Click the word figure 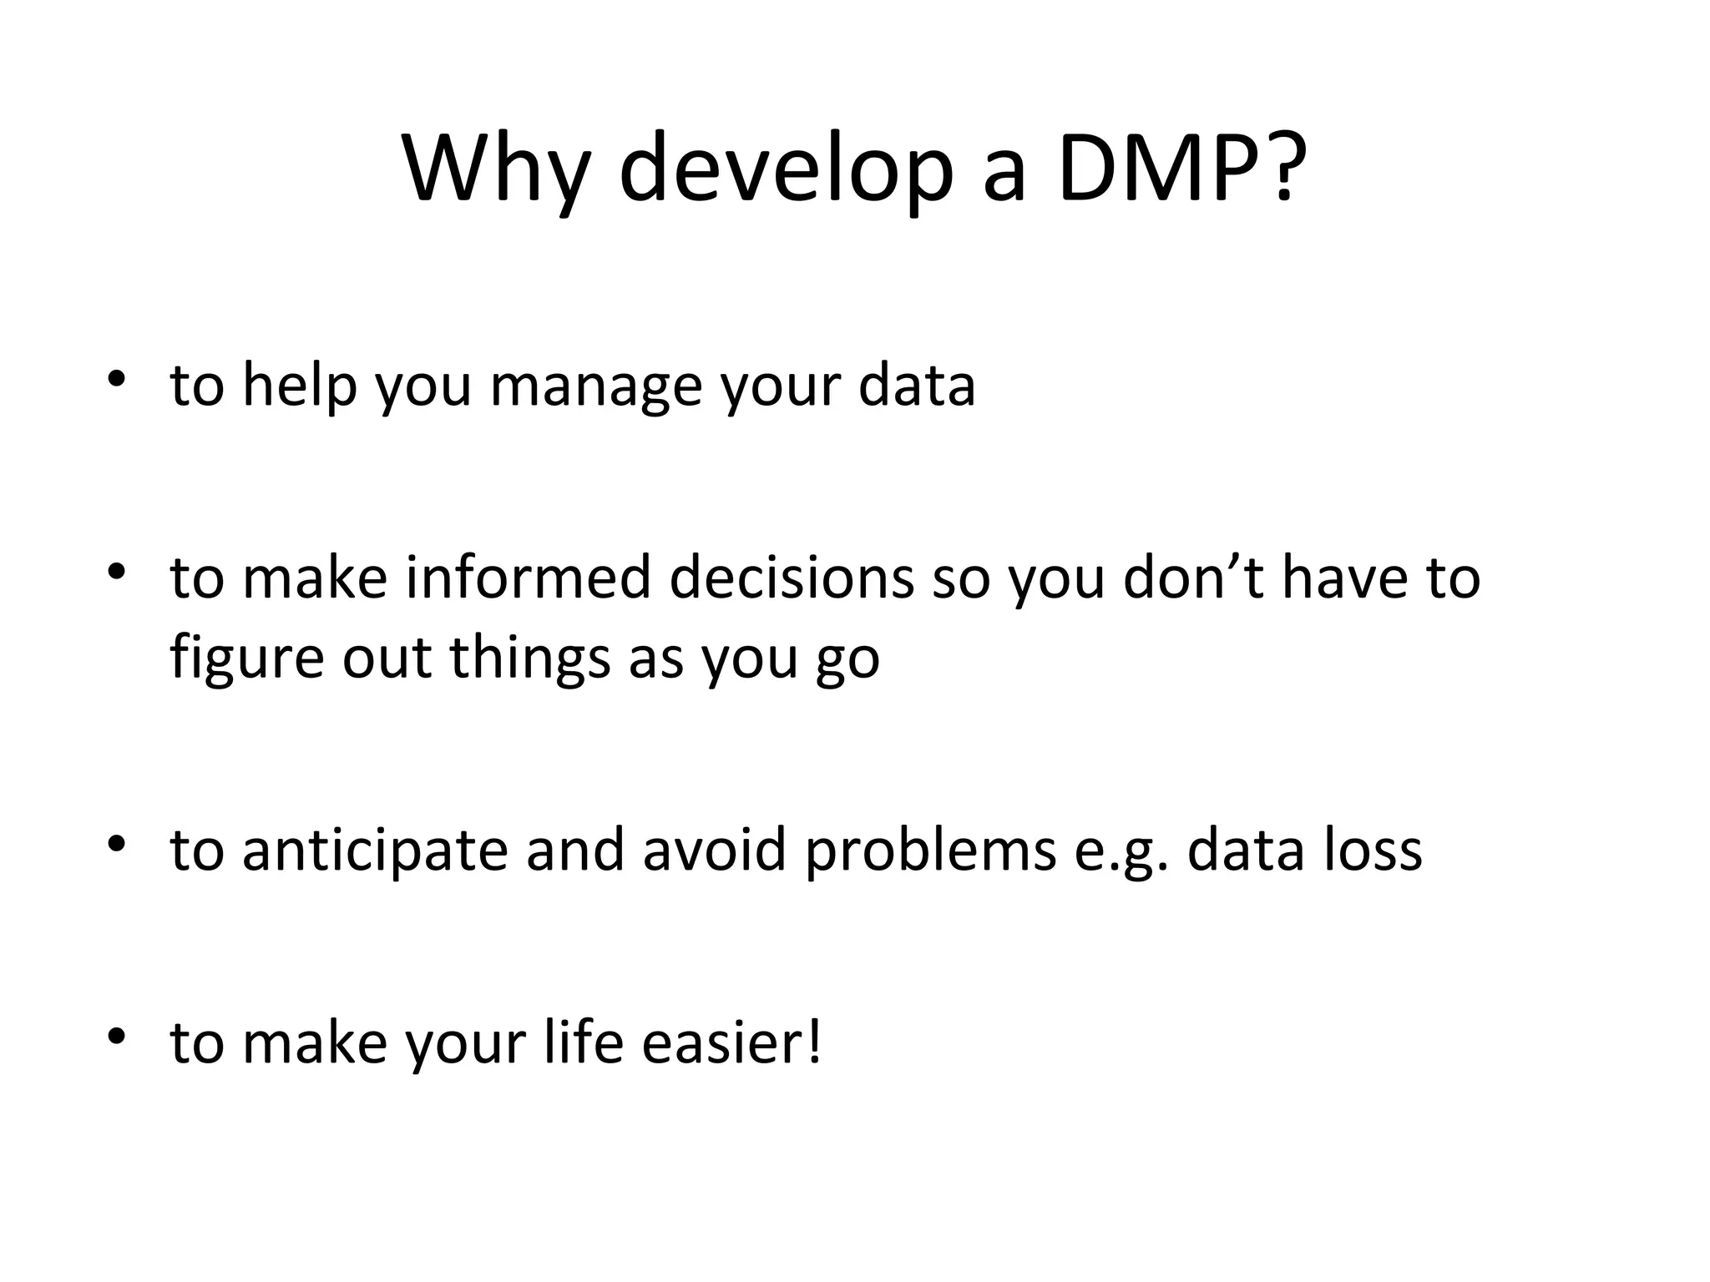coord(246,658)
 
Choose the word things coord(530,658)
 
